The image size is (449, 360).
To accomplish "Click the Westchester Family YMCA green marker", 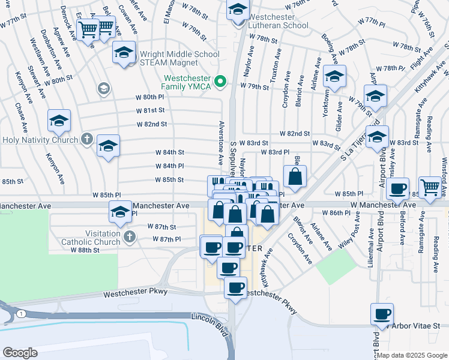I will [x=221, y=82].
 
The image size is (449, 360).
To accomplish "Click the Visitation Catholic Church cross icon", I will [x=128, y=238].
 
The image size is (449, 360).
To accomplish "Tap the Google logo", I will [x=20, y=352].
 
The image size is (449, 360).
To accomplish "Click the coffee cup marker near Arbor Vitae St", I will [x=382, y=313].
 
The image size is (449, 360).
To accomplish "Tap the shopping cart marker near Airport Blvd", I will [x=430, y=187].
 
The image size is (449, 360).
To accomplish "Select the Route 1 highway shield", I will [x=21, y=314].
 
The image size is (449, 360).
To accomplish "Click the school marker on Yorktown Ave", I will [x=335, y=76].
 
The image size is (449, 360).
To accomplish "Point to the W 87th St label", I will [x=162, y=227].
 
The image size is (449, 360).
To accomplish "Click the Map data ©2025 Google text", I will [x=412, y=355].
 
